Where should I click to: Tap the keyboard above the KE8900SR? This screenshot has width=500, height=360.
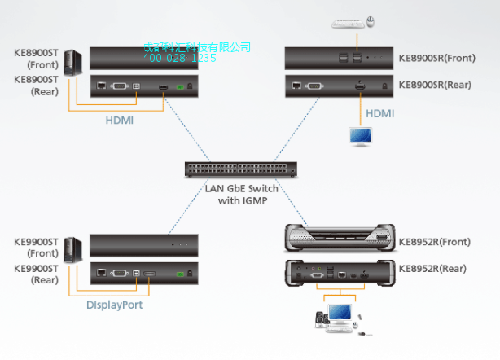pos(346,24)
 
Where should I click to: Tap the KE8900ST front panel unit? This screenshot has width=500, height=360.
pos(143,57)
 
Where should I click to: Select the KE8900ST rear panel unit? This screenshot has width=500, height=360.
pos(143,86)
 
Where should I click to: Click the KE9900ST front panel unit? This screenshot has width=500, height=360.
pos(143,244)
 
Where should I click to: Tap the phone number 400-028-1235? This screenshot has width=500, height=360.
pos(180,58)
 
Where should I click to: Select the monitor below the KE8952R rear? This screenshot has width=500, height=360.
pos(343,315)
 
